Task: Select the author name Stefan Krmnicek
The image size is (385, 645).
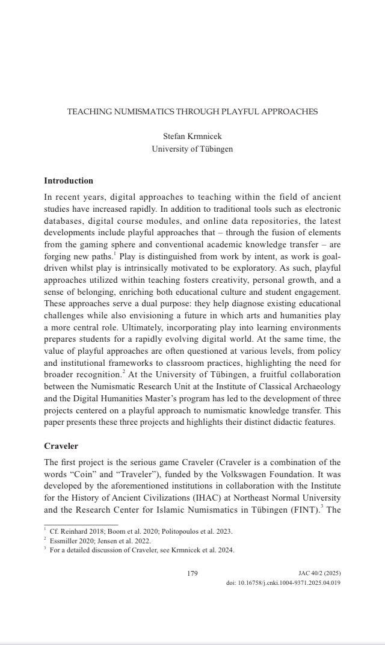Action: click(x=192, y=137)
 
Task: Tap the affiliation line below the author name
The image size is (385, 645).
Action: click(x=192, y=149)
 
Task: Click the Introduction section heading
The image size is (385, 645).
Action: click(x=69, y=181)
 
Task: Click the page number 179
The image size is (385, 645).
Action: click(x=192, y=573)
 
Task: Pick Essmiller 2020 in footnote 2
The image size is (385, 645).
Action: click(x=75, y=540)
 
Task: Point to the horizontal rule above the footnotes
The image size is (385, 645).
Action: click(x=81, y=524)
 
